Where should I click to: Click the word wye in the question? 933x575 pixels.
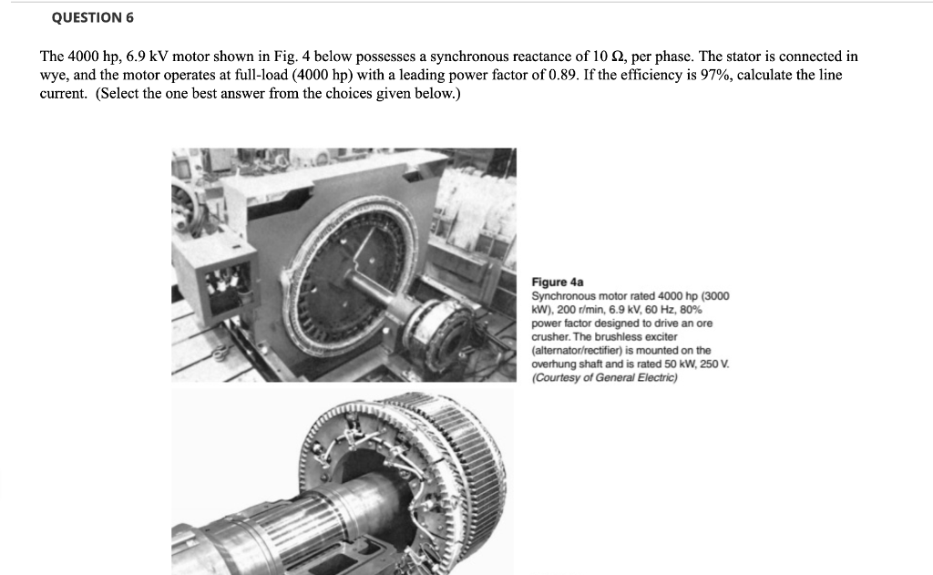(52, 75)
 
